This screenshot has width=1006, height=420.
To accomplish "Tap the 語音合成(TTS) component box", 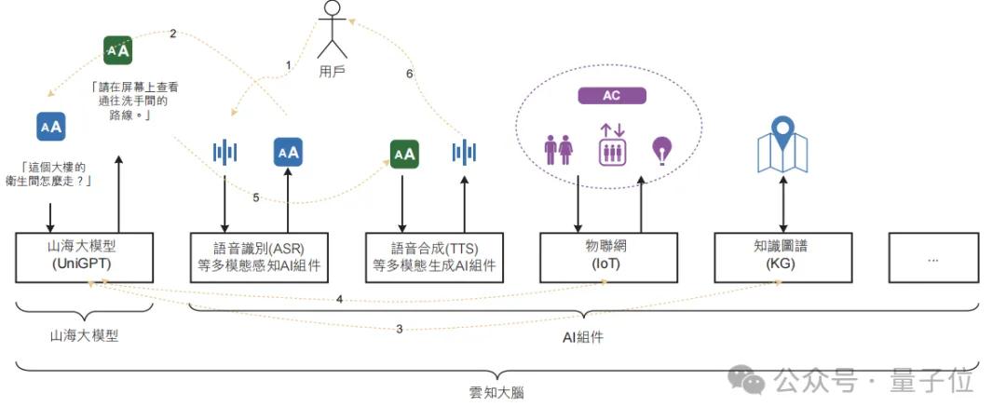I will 435,257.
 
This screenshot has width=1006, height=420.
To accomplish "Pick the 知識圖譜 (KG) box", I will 782,257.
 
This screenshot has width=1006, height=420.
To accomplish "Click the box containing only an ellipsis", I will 933,258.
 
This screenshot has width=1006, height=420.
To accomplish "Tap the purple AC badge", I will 612,96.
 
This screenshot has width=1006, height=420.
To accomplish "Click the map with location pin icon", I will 782,145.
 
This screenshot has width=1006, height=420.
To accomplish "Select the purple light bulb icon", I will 661,149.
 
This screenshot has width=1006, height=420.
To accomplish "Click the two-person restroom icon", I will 558,149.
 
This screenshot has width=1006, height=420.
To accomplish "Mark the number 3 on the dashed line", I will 400,329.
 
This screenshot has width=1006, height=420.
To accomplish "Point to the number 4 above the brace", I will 339,299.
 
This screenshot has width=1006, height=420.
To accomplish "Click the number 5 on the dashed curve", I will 256,196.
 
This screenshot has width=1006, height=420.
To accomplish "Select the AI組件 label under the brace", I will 583,337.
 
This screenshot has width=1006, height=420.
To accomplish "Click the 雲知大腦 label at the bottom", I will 496,393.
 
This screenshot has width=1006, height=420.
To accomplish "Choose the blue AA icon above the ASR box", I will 289,152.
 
